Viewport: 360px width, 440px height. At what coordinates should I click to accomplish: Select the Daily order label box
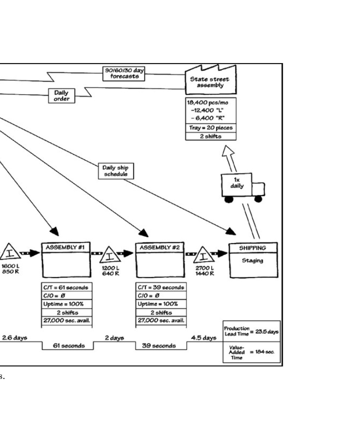61,95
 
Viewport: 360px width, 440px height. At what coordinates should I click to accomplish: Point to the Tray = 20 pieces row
211,128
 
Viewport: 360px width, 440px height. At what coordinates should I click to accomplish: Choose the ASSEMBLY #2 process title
160,247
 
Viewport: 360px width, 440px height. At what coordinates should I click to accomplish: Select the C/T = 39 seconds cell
160,287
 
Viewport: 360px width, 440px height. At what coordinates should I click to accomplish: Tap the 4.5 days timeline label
205,338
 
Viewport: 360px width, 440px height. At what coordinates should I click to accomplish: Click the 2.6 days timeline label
14,338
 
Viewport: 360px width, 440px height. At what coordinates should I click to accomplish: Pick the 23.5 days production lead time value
268,331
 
